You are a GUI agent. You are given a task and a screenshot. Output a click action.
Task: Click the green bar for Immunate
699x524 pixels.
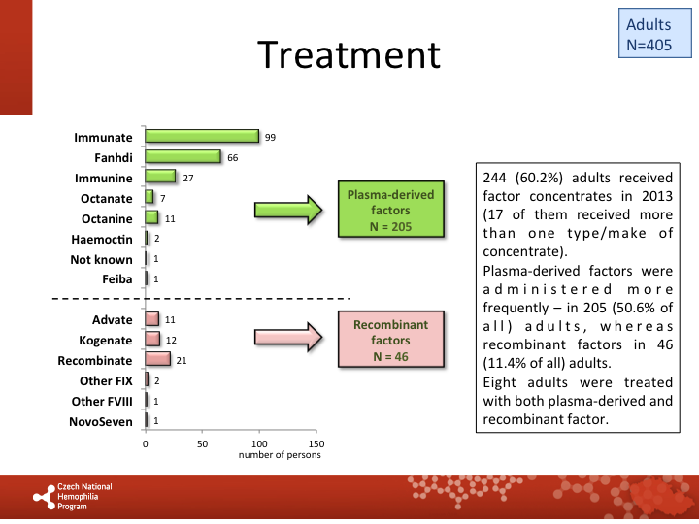tap(202, 137)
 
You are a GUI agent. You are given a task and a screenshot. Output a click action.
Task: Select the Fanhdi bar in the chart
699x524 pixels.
tap(183, 156)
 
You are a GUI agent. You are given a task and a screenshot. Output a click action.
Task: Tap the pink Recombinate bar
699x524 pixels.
tap(158, 359)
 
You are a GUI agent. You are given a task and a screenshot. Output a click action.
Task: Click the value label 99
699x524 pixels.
tap(270, 137)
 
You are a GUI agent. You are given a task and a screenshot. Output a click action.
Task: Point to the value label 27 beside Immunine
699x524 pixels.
tap(188, 179)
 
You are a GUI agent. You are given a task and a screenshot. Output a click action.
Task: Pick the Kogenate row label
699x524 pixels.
tap(106, 341)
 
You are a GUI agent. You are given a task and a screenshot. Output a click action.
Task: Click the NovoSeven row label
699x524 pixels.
tap(101, 421)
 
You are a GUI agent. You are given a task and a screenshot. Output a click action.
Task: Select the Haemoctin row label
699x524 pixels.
tap(102, 240)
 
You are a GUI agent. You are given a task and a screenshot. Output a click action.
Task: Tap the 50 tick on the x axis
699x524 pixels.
tap(202, 444)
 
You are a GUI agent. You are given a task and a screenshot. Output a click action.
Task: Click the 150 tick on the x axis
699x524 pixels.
tap(316, 444)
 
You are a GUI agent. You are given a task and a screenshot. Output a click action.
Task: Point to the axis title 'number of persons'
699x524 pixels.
tap(280, 455)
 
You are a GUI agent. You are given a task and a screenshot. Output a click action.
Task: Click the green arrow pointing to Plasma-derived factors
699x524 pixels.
tap(288, 210)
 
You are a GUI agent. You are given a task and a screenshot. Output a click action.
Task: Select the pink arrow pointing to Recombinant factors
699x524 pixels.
tap(288, 337)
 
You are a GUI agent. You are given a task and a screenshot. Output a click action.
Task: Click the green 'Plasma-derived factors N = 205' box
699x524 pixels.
tap(391, 209)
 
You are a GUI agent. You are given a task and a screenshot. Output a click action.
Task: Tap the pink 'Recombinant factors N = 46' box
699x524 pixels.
tap(391, 339)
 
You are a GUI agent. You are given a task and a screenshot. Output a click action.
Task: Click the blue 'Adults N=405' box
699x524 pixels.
tap(655, 33)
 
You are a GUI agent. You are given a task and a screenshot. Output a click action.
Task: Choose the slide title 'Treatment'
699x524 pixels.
tap(349, 54)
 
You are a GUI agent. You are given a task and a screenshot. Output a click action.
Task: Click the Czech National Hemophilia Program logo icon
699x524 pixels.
tap(44, 497)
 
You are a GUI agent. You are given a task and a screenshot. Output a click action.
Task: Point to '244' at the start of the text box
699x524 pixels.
tap(494, 178)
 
